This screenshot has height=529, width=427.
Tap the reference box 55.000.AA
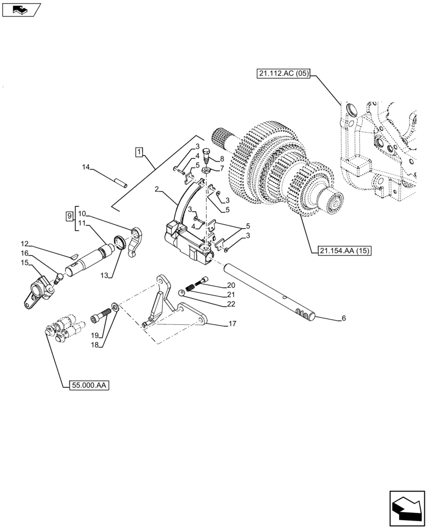[x=88, y=386]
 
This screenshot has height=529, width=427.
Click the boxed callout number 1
[x=138, y=153]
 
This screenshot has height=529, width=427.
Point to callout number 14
[x=86, y=168]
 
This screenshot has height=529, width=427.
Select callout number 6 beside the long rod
[x=344, y=318]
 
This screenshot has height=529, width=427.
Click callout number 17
[x=232, y=323]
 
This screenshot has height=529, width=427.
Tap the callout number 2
[x=157, y=189]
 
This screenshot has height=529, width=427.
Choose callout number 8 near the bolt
[x=221, y=159]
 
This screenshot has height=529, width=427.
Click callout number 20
[x=231, y=285]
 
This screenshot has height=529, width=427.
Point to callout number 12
[x=24, y=244]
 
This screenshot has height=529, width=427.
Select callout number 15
[x=24, y=262]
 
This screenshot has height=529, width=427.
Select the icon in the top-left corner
[x=21, y=8]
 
